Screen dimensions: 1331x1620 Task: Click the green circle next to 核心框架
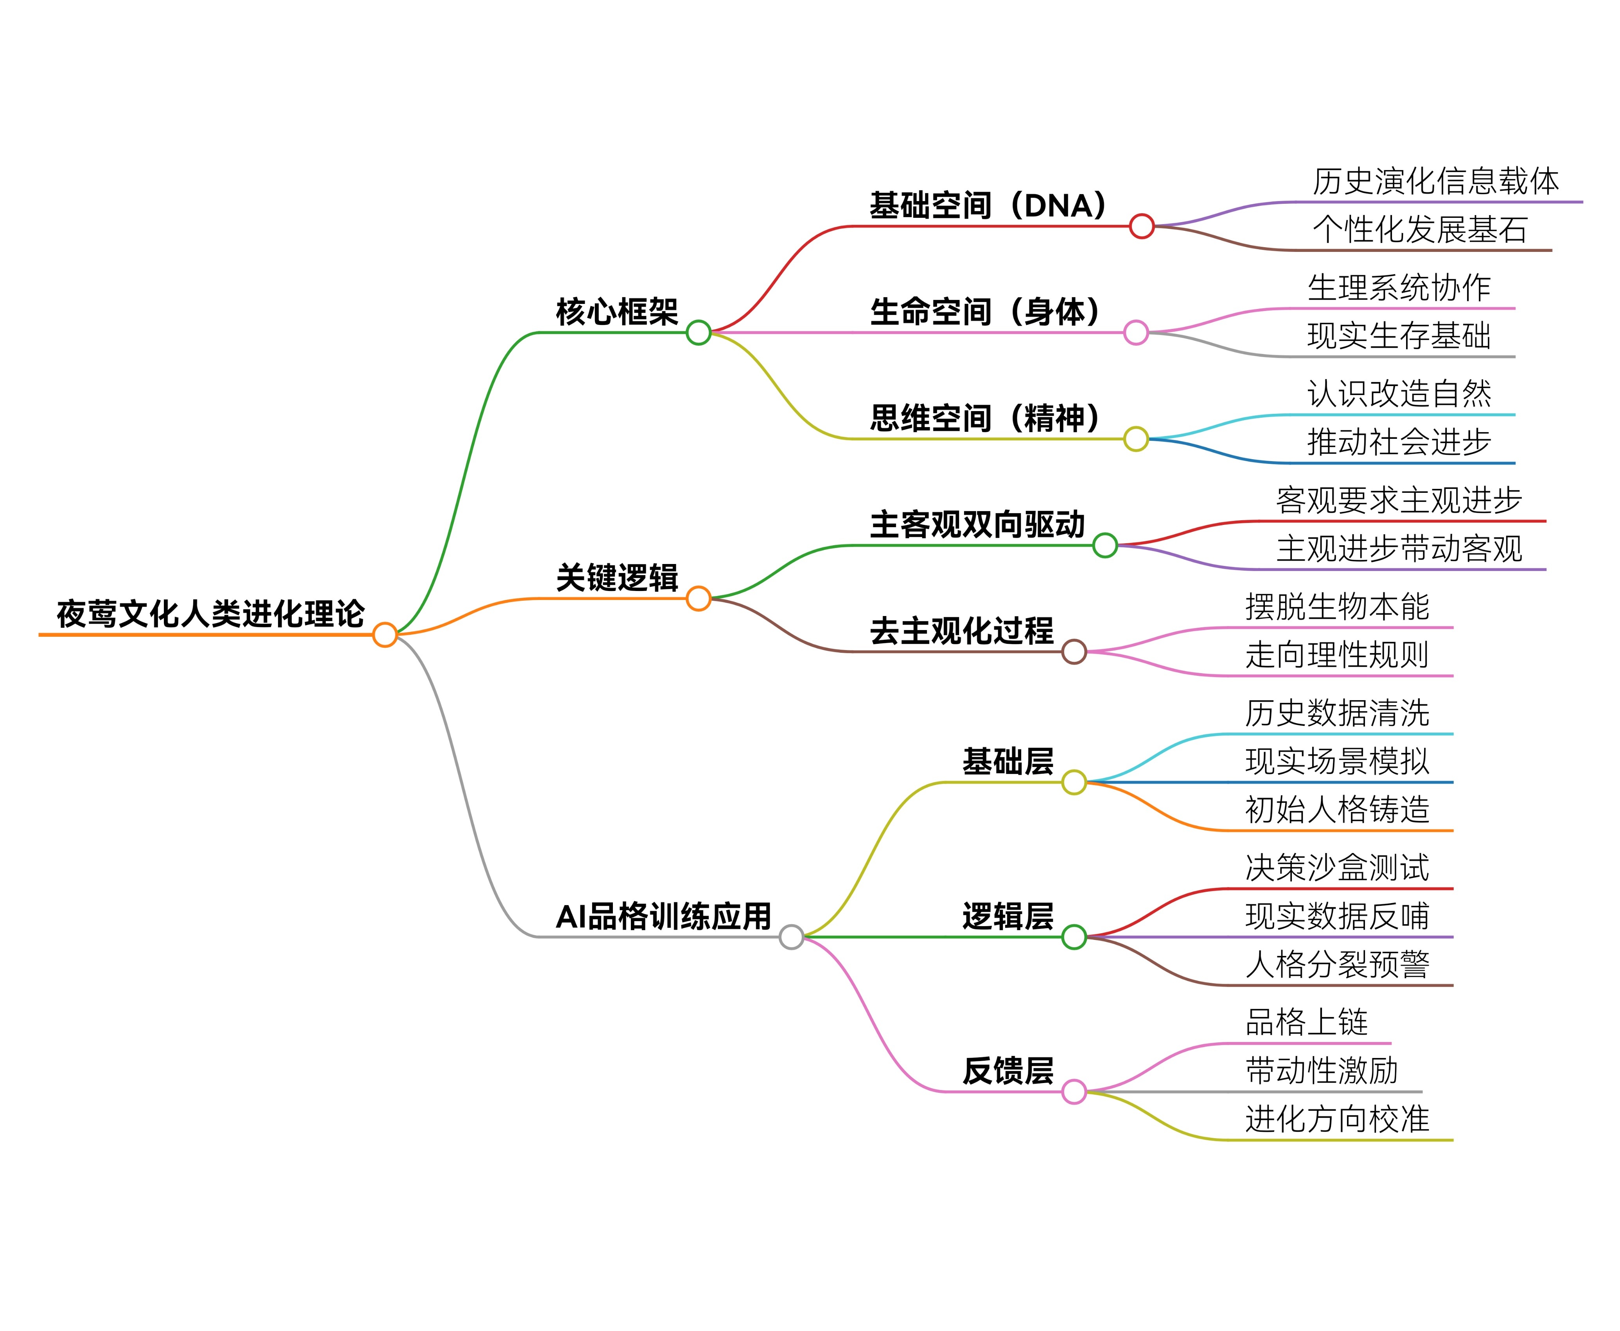pyautogui.click(x=699, y=333)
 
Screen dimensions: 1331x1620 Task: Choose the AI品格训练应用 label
pyautogui.click(x=663, y=916)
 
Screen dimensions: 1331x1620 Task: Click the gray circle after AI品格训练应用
pyautogui.click(x=791, y=937)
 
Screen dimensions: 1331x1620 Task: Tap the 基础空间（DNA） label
pyautogui.click(x=988, y=205)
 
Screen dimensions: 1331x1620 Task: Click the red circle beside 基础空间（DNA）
pyautogui.click(x=1142, y=226)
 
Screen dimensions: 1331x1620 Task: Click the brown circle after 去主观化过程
pyautogui.click(x=1074, y=652)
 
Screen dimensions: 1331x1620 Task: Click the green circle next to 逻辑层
pyautogui.click(x=1074, y=937)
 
